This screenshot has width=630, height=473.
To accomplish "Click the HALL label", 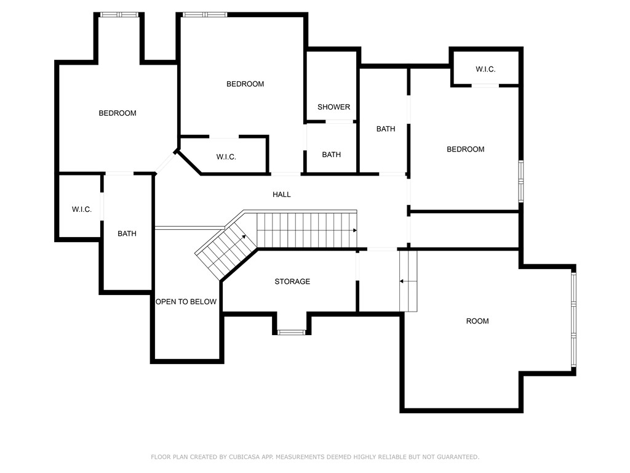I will click(x=282, y=195).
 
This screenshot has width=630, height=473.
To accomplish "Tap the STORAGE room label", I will click(x=292, y=281).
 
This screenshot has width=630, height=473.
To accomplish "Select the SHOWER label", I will click(x=333, y=107).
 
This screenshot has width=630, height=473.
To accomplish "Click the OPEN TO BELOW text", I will click(x=186, y=302).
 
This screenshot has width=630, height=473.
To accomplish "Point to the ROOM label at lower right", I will click(x=477, y=321).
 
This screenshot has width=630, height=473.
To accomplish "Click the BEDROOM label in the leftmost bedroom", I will click(x=118, y=113).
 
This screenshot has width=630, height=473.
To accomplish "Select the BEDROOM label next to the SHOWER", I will click(x=245, y=84).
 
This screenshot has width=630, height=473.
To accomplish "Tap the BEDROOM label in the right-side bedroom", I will click(x=465, y=149).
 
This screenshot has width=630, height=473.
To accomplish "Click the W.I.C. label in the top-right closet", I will click(x=485, y=70).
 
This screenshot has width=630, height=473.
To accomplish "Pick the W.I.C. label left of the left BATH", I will click(x=82, y=209).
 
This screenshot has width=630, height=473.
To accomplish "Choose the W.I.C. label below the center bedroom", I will click(x=226, y=157).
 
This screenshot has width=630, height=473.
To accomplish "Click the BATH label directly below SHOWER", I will click(x=331, y=155).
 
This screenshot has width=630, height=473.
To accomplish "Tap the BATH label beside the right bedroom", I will click(x=386, y=129).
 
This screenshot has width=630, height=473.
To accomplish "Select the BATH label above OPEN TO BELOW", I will click(x=127, y=233).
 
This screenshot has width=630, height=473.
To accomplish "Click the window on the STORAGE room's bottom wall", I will click(x=292, y=333).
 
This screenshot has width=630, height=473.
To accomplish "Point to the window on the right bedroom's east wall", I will click(x=520, y=181).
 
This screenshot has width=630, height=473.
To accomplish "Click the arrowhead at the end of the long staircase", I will click(x=354, y=230).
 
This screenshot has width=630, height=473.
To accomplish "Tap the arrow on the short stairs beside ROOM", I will click(x=402, y=281).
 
